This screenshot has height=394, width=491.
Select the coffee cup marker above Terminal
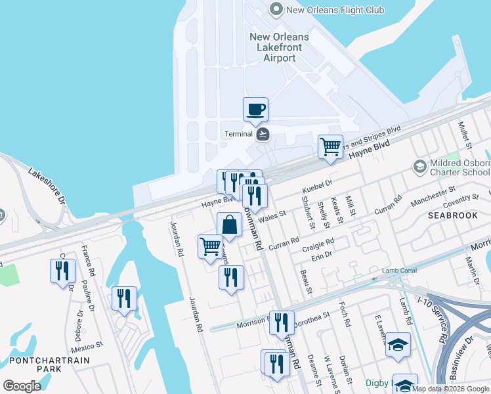pyautogui.click(x=255, y=109)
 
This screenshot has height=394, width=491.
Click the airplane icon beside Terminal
pyautogui.click(x=263, y=134)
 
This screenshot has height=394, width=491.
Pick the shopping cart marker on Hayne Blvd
pyautogui.click(x=330, y=146)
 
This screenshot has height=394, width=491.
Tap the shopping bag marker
pyautogui.click(x=229, y=225)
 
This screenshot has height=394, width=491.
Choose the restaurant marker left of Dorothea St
pyautogui.click(x=282, y=322)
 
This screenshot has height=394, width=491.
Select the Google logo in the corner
pyautogui.click(x=22, y=386)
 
